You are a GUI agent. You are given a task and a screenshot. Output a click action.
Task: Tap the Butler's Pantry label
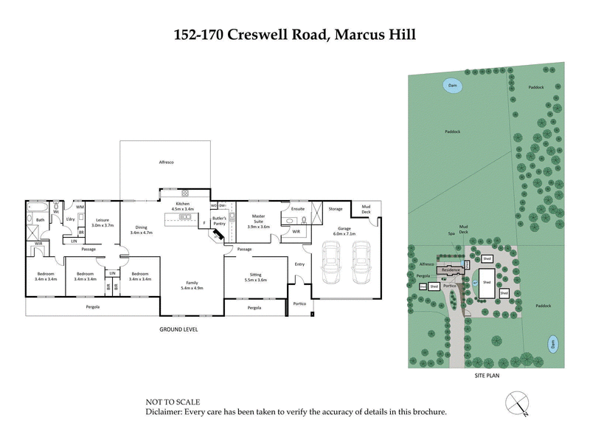(219, 221)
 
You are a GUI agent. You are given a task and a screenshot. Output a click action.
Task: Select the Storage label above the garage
(336, 209)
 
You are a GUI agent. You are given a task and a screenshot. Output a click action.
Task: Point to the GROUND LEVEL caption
(179, 329)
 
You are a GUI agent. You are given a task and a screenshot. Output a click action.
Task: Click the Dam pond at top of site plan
(451, 86)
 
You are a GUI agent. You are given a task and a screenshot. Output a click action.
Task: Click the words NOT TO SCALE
(172, 402)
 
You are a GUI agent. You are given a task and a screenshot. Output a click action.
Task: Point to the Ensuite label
(299, 209)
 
